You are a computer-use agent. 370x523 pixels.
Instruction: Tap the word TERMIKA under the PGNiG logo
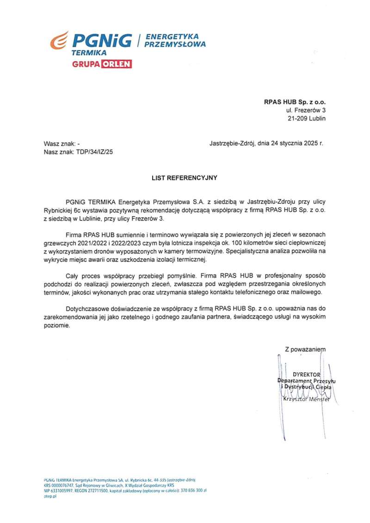[x=89, y=53]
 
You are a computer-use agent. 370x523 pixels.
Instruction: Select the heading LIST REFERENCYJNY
[x=185, y=177]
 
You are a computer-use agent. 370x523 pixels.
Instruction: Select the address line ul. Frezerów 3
[x=306, y=110]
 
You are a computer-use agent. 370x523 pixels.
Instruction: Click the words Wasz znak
[x=59, y=144]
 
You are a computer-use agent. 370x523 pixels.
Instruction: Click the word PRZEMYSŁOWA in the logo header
[x=175, y=45]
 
